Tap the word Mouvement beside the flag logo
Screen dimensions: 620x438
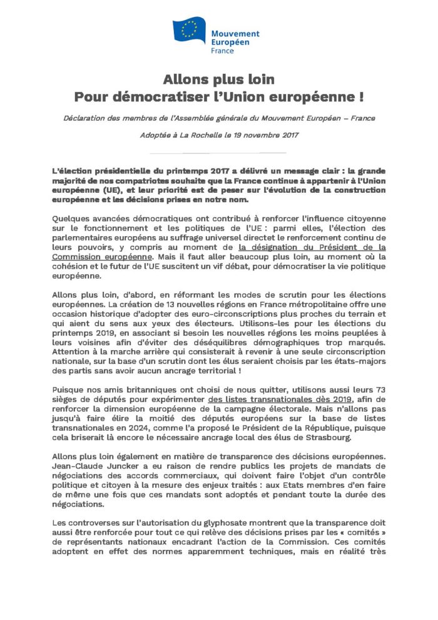(235, 34)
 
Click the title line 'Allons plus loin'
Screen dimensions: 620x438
(218, 80)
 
